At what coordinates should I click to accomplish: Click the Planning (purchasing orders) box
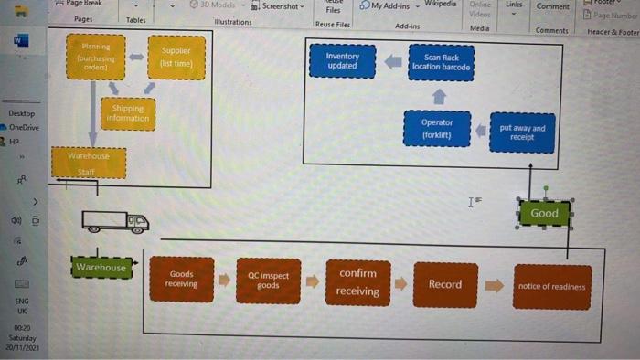(x=95, y=56)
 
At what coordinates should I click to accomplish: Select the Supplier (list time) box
(x=176, y=57)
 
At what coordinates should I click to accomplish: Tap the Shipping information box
(x=128, y=113)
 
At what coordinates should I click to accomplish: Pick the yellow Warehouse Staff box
(x=88, y=163)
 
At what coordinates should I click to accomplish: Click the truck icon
(x=115, y=221)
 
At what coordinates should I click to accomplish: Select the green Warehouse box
(x=101, y=268)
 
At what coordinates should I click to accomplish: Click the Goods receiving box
(x=181, y=279)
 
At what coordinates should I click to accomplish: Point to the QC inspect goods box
(x=268, y=281)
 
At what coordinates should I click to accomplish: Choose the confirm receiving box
(x=357, y=282)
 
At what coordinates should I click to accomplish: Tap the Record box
(x=445, y=284)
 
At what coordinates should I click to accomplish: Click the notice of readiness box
(x=551, y=286)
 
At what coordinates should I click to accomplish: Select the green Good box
(x=544, y=214)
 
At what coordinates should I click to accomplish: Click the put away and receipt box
(x=522, y=132)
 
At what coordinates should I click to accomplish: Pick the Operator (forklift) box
(x=437, y=128)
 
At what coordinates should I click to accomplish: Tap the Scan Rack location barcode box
(x=441, y=61)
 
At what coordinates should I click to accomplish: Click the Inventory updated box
(x=342, y=60)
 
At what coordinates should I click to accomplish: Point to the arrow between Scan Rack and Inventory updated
(x=392, y=61)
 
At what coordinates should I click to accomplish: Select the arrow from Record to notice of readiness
(x=494, y=285)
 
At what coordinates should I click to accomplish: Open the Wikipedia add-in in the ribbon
(x=440, y=5)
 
